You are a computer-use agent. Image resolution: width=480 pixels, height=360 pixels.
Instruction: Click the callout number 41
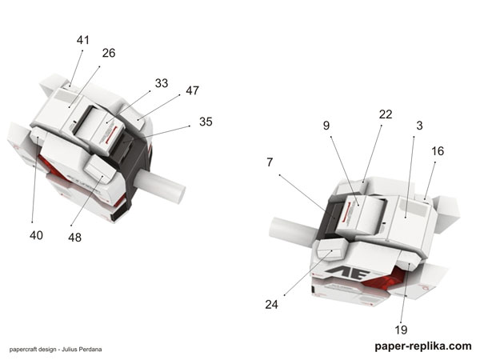click(x=84, y=39)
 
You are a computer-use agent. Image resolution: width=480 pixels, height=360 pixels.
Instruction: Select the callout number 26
click(x=109, y=53)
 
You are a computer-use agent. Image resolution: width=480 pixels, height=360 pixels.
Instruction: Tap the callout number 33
click(x=162, y=82)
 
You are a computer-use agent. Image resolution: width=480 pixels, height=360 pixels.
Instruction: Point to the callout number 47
click(x=192, y=90)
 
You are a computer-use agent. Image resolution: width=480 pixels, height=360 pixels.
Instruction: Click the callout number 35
click(x=206, y=122)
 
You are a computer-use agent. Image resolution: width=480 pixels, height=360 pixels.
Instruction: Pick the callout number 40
click(x=35, y=235)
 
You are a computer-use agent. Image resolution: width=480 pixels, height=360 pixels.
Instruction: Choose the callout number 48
click(x=74, y=237)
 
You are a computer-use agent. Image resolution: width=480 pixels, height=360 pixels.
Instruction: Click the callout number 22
click(x=386, y=114)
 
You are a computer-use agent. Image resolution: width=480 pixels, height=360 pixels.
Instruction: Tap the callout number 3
click(x=419, y=126)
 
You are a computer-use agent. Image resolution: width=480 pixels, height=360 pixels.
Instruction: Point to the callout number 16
click(x=438, y=150)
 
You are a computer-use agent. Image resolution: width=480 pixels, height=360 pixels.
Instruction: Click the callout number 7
click(x=270, y=162)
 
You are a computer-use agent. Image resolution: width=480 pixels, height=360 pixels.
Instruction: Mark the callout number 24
click(x=273, y=304)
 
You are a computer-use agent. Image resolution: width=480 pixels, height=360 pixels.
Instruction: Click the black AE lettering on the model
click(x=345, y=272)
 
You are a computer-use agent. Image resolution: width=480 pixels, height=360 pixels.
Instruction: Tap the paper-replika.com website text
click(x=422, y=346)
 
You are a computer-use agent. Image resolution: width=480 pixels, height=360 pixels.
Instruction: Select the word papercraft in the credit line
click(x=25, y=349)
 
